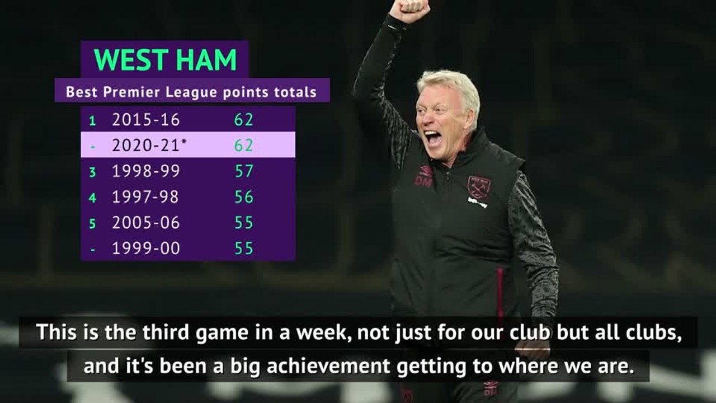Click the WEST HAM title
pyautogui.click(x=166, y=60)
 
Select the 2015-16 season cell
pyautogui.click(x=145, y=119)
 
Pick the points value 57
pyautogui.click(x=244, y=171)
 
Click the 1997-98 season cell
pyautogui.click(x=145, y=197)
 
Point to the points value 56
pyautogui.click(x=244, y=197)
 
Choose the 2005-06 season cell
pyautogui.click(x=145, y=223)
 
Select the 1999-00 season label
pyautogui.click(x=145, y=249)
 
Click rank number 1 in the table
pyautogui.click(x=93, y=120)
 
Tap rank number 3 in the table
pyautogui.click(x=93, y=172)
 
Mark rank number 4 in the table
pyautogui.click(x=93, y=198)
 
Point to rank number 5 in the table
pyautogui.click(x=93, y=223)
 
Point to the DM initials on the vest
pyautogui.click(x=422, y=180)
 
